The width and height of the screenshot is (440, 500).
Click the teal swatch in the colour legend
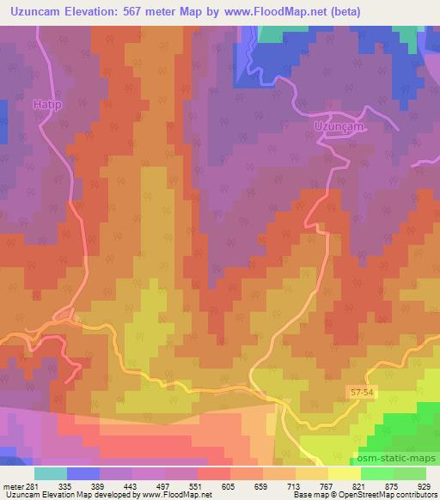(51, 473)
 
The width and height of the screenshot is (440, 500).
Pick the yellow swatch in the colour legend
(345, 473)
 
